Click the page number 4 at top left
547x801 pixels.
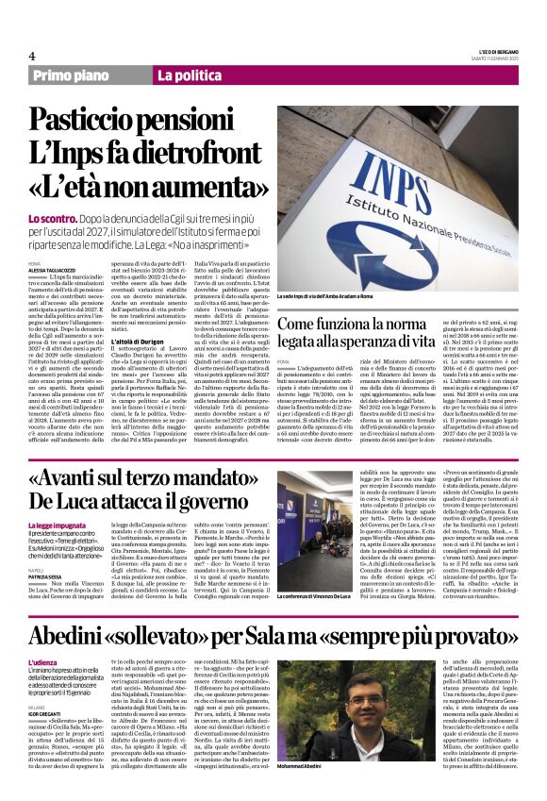(x=31, y=56)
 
